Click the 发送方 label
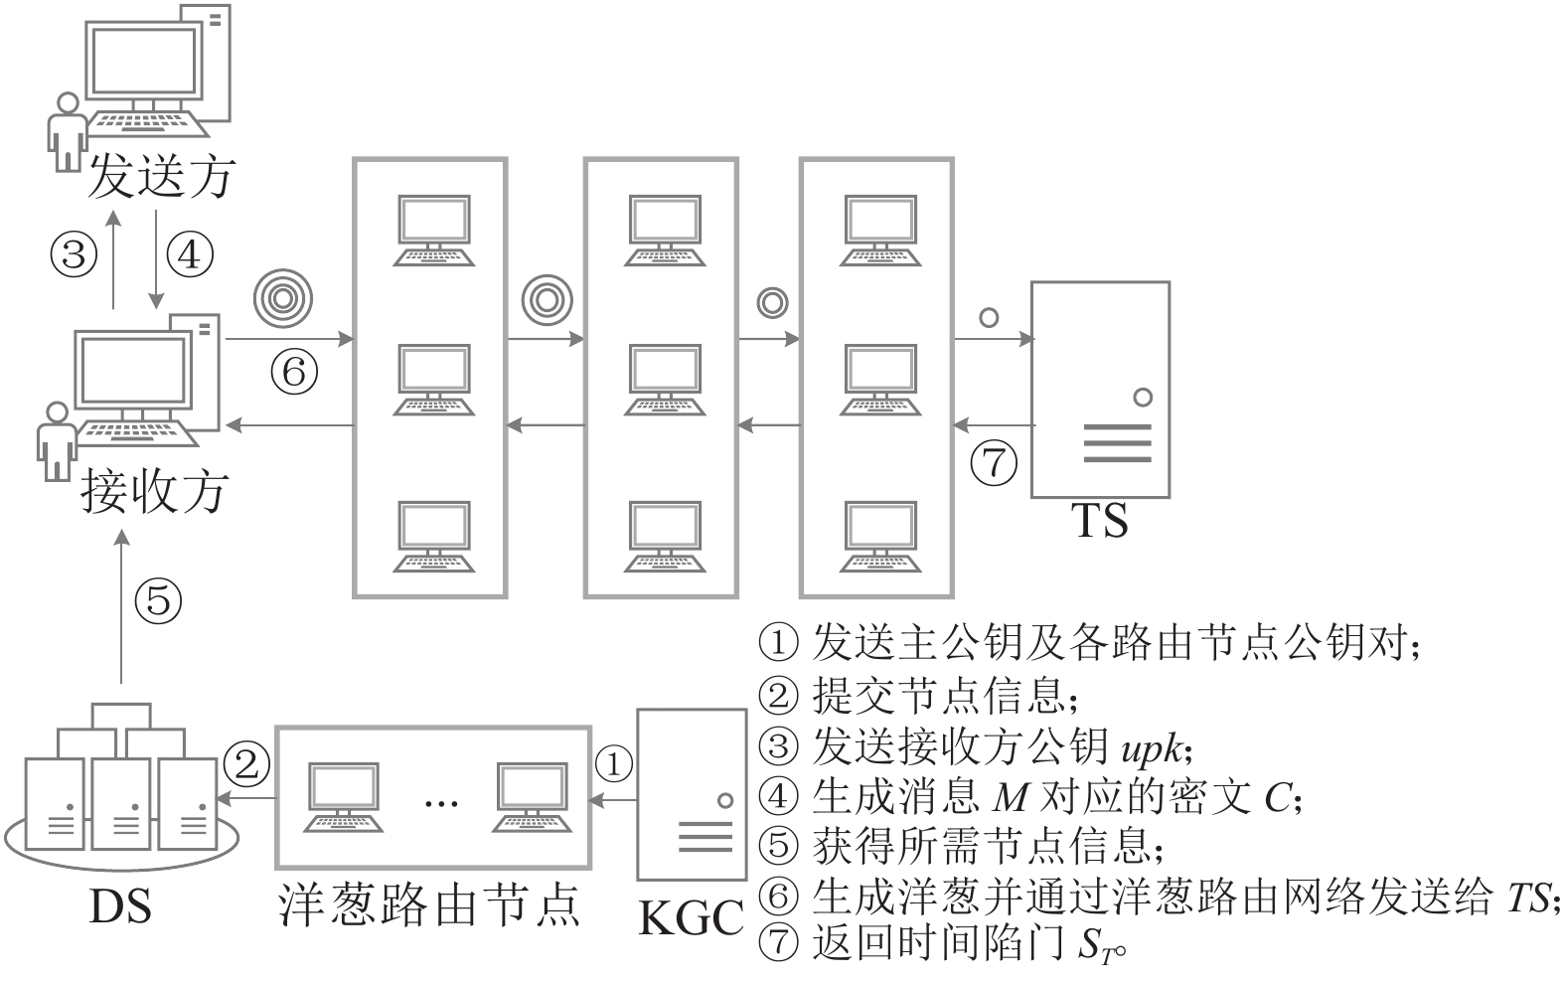pyautogui.click(x=161, y=177)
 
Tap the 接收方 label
pyautogui.click(x=155, y=490)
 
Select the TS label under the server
pyautogui.click(x=1099, y=520)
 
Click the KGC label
pyautogui.click(x=691, y=917)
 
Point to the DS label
pyautogui.click(x=120, y=906)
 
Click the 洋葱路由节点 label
pyautogui.click(x=429, y=905)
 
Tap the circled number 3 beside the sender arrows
pyautogui.click(x=75, y=254)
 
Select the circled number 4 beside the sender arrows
pyautogui.click(x=189, y=254)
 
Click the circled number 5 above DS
pyautogui.click(x=159, y=601)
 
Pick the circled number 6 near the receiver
pyautogui.click(x=294, y=373)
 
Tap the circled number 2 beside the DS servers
pyautogui.click(x=246, y=764)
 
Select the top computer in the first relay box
pyautogui.click(x=433, y=231)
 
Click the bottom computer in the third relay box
pyautogui.click(x=879, y=537)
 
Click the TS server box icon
pyautogui.click(x=1100, y=389)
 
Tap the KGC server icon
pyautogui.click(x=692, y=794)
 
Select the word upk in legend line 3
pyautogui.click(x=1152, y=748)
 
